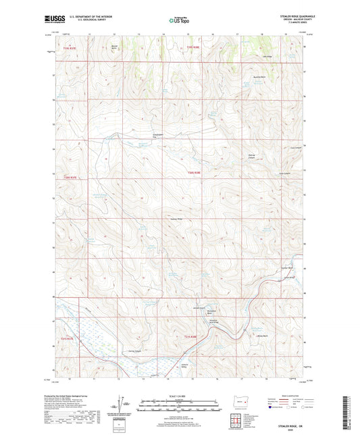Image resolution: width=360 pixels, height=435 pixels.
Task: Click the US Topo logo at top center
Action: pos(179,21)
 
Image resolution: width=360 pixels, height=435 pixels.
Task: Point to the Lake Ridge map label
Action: pos(267,57)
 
